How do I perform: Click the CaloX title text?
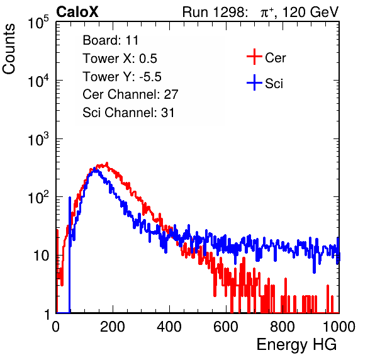(77, 12)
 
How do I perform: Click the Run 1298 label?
(213, 12)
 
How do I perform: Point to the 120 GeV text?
(310, 12)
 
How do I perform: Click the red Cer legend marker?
(254, 57)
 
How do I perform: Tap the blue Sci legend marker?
(254, 83)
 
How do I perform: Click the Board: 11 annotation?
(111, 40)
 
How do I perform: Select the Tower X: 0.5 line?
(120, 59)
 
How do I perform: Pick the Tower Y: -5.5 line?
(122, 77)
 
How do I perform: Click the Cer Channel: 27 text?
(130, 94)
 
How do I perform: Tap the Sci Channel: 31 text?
(128, 113)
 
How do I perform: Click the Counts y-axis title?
(9, 49)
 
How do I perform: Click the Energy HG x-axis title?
(296, 345)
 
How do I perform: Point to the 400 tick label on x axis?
(169, 327)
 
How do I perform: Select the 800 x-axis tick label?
(283, 327)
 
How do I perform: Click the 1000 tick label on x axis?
(339, 327)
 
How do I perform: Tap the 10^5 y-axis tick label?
(38, 23)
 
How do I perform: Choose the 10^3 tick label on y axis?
(38, 140)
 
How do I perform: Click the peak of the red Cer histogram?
(107, 163)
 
